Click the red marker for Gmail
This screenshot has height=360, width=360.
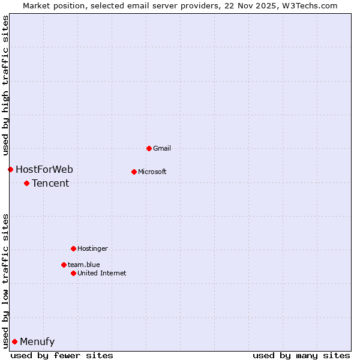(x=149, y=148)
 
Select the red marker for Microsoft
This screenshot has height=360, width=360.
(x=134, y=172)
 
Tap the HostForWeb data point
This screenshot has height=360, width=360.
(x=10, y=169)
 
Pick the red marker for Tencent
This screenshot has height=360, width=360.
(x=26, y=183)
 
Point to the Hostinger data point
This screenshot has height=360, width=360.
(x=73, y=248)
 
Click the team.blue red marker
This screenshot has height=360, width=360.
(x=64, y=265)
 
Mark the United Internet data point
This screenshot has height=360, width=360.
(x=73, y=273)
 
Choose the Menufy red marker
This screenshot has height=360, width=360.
(x=14, y=341)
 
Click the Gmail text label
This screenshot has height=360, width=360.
(x=162, y=148)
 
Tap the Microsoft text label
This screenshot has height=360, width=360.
(x=152, y=172)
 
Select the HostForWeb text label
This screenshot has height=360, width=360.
(x=44, y=169)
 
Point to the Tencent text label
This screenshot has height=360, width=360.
(x=50, y=183)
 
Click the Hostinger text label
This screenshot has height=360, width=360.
(x=92, y=248)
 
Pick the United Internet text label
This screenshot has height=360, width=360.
(x=102, y=273)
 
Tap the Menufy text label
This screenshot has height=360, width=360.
(x=37, y=341)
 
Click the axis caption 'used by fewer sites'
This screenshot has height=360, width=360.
(x=62, y=355)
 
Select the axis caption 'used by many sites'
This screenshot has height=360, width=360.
(x=301, y=355)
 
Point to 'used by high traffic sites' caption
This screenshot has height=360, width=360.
(x=5, y=85)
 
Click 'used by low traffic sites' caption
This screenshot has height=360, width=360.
(x=5, y=280)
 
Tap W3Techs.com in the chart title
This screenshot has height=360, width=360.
(x=310, y=5)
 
